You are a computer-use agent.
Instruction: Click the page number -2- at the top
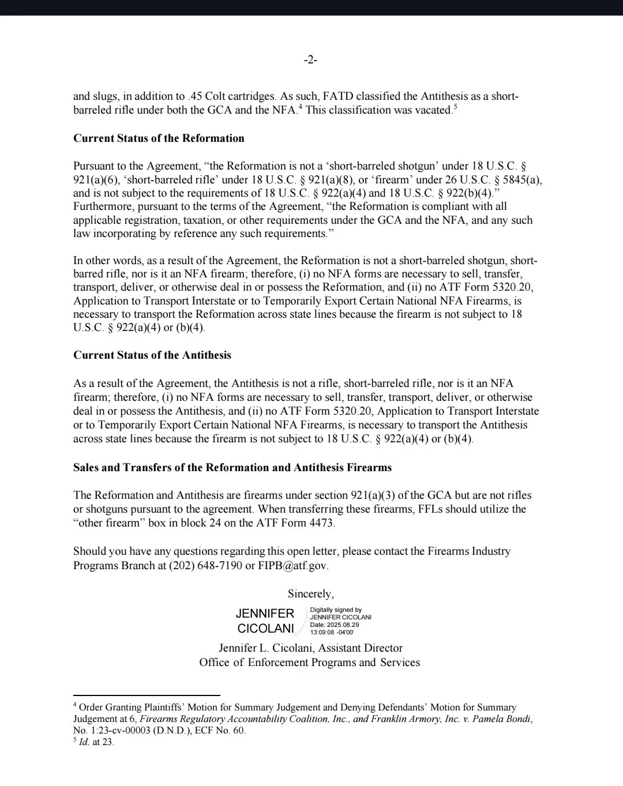point(310,60)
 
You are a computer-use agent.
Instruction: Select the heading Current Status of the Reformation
point(159,138)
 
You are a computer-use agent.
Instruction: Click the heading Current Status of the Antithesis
point(152,355)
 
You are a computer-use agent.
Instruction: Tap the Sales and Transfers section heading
point(232,467)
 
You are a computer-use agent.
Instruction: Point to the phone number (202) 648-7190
point(205,565)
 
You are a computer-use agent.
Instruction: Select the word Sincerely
point(310,594)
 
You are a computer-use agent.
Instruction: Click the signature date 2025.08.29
point(343,625)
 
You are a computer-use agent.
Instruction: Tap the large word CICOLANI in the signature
point(265,629)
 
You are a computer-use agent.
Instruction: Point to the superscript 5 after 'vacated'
point(455,107)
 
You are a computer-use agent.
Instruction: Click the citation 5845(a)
point(522,179)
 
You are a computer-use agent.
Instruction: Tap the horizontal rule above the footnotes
point(147,695)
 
